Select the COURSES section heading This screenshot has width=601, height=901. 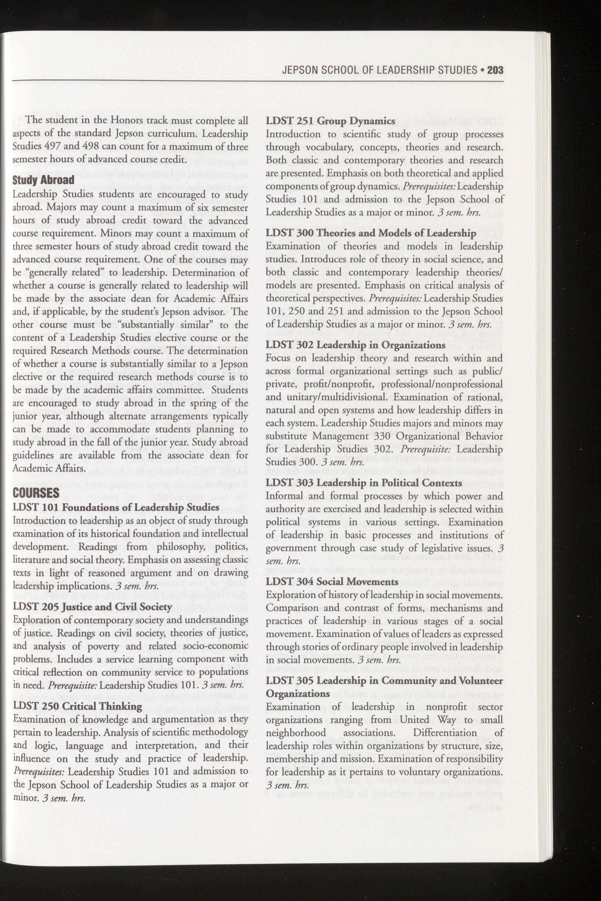[x=36, y=493]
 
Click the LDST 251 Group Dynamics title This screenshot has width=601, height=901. [x=331, y=121]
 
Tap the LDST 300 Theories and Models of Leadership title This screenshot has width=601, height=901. [x=371, y=233]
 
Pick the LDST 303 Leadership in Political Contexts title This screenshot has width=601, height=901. [x=364, y=483]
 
